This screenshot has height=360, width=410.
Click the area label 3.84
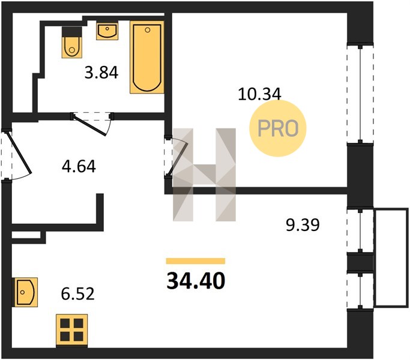click(101, 73)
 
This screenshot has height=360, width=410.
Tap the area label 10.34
click(259, 94)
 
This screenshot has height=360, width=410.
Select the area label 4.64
click(79, 166)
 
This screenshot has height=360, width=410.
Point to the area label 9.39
click(303, 225)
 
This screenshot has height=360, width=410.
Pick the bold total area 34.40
click(196, 281)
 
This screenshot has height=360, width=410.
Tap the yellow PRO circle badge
click(278, 128)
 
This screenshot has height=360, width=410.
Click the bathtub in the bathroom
click(147, 57)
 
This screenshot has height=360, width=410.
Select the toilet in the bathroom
click(72, 43)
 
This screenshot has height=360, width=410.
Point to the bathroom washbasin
click(107, 31)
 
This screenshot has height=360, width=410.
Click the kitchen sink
click(26, 292)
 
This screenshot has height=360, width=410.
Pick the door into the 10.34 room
click(176, 158)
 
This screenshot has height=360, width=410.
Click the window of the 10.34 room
click(360, 94)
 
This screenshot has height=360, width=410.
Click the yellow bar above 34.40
click(196, 261)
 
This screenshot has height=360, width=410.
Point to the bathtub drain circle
click(148, 30)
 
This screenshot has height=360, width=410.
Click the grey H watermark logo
click(204, 175)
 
